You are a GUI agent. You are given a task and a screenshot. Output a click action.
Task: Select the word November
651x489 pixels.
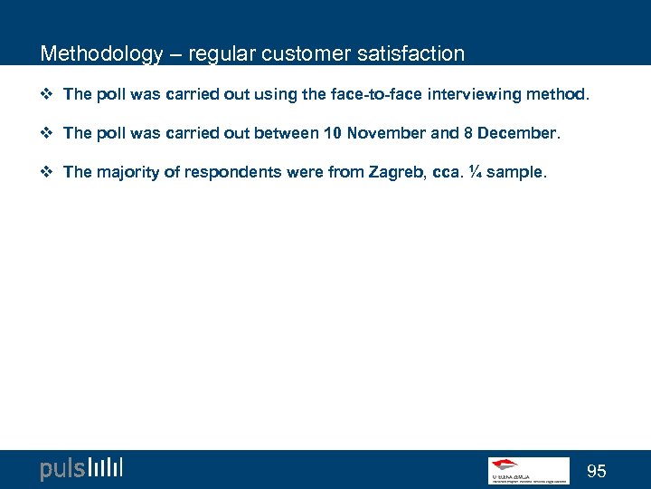point(386,133)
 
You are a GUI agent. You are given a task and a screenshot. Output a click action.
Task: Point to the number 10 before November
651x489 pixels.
point(332,133)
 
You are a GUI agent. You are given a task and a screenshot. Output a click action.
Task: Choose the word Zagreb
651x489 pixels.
point(393,172)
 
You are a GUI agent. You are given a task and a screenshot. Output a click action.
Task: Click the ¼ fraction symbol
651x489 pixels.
point(474,172)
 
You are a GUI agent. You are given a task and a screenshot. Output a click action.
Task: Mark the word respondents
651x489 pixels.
point(231,172)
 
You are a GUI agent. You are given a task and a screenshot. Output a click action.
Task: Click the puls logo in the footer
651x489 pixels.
point(80,468)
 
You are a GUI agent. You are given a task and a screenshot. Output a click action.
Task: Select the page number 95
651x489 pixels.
point(597,471)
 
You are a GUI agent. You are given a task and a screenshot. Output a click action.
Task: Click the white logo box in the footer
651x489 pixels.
point(528,469)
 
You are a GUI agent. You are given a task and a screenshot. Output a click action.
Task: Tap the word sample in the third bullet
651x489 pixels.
point(515,172)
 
